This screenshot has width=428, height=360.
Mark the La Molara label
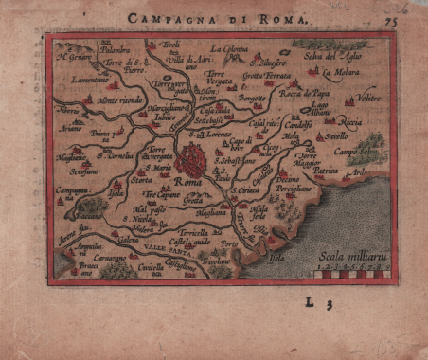(337, 71)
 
